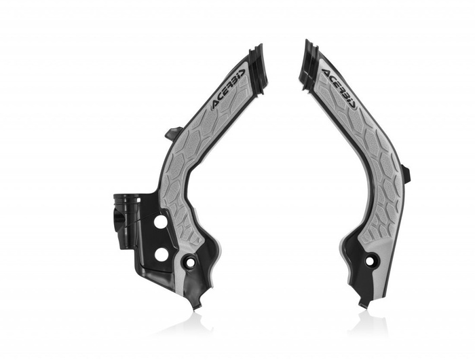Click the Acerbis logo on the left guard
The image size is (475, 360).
click(227, 88)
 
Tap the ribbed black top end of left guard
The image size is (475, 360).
click(257, 60)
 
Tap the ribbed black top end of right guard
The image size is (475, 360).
click(309, 58)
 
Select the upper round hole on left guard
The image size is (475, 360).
click(160, 222)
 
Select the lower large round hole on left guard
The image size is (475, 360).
click(161, 254)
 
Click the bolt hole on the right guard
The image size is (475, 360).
click(370, 260)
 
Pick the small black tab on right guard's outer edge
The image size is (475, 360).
click(406, 174)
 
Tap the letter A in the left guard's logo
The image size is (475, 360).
click(216, 103)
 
